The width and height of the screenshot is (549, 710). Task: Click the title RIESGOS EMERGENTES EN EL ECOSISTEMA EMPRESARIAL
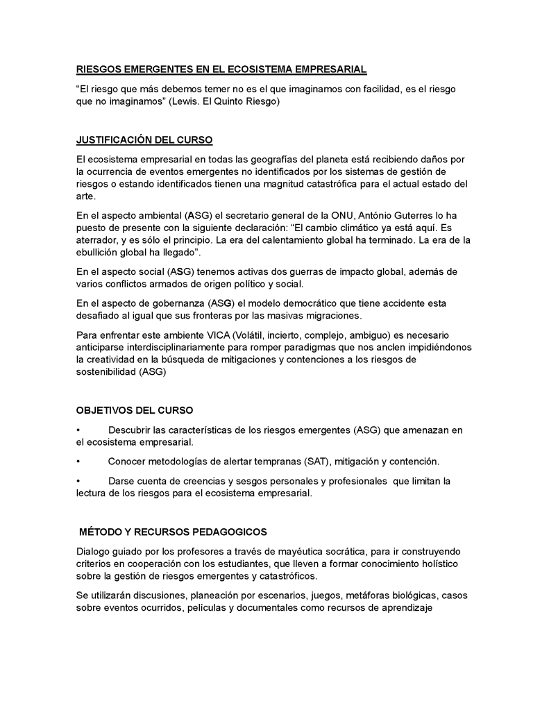point(221,70)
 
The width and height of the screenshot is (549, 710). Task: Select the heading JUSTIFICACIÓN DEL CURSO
point(144,140)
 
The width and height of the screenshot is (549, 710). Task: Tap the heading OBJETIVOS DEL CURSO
point(135,410)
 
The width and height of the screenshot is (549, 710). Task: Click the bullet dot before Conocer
point(78,462)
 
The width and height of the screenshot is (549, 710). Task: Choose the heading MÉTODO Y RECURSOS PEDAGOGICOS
point(173,532)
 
